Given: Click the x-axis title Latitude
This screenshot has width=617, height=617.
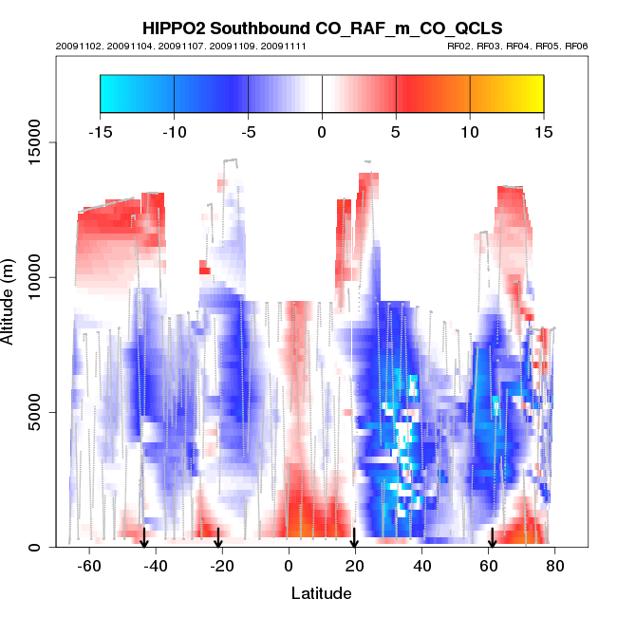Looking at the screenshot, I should (x=321, y=593).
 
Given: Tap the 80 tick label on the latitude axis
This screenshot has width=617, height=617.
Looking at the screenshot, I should (x=555, y=566).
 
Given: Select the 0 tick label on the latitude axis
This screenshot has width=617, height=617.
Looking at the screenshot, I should (x=289, y=566).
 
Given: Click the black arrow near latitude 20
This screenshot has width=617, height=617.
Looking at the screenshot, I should (x=354, y=538).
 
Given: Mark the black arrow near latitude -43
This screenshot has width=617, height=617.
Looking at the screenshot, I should (x=144, y=538).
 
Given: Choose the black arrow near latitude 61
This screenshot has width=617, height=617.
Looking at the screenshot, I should (x=492, y=538).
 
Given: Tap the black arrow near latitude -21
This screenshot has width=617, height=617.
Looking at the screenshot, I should (x=218, y=538).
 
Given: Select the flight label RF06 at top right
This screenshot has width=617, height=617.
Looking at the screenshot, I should (x=577, y=46).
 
